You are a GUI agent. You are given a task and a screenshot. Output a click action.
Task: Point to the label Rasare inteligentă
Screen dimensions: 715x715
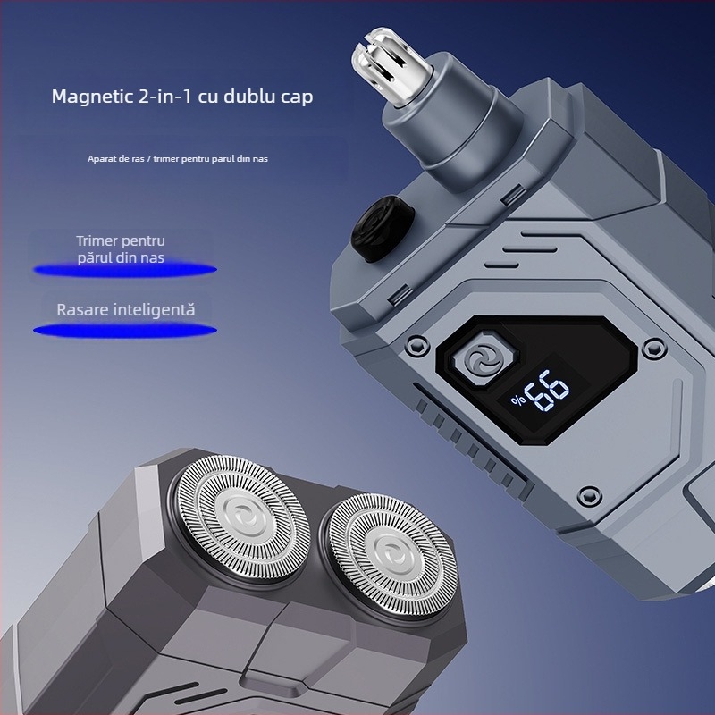[126, 310]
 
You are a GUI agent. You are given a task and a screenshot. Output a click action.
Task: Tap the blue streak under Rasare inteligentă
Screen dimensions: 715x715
[125, 330]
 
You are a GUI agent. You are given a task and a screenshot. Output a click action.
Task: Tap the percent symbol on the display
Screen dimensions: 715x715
[518, 400]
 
